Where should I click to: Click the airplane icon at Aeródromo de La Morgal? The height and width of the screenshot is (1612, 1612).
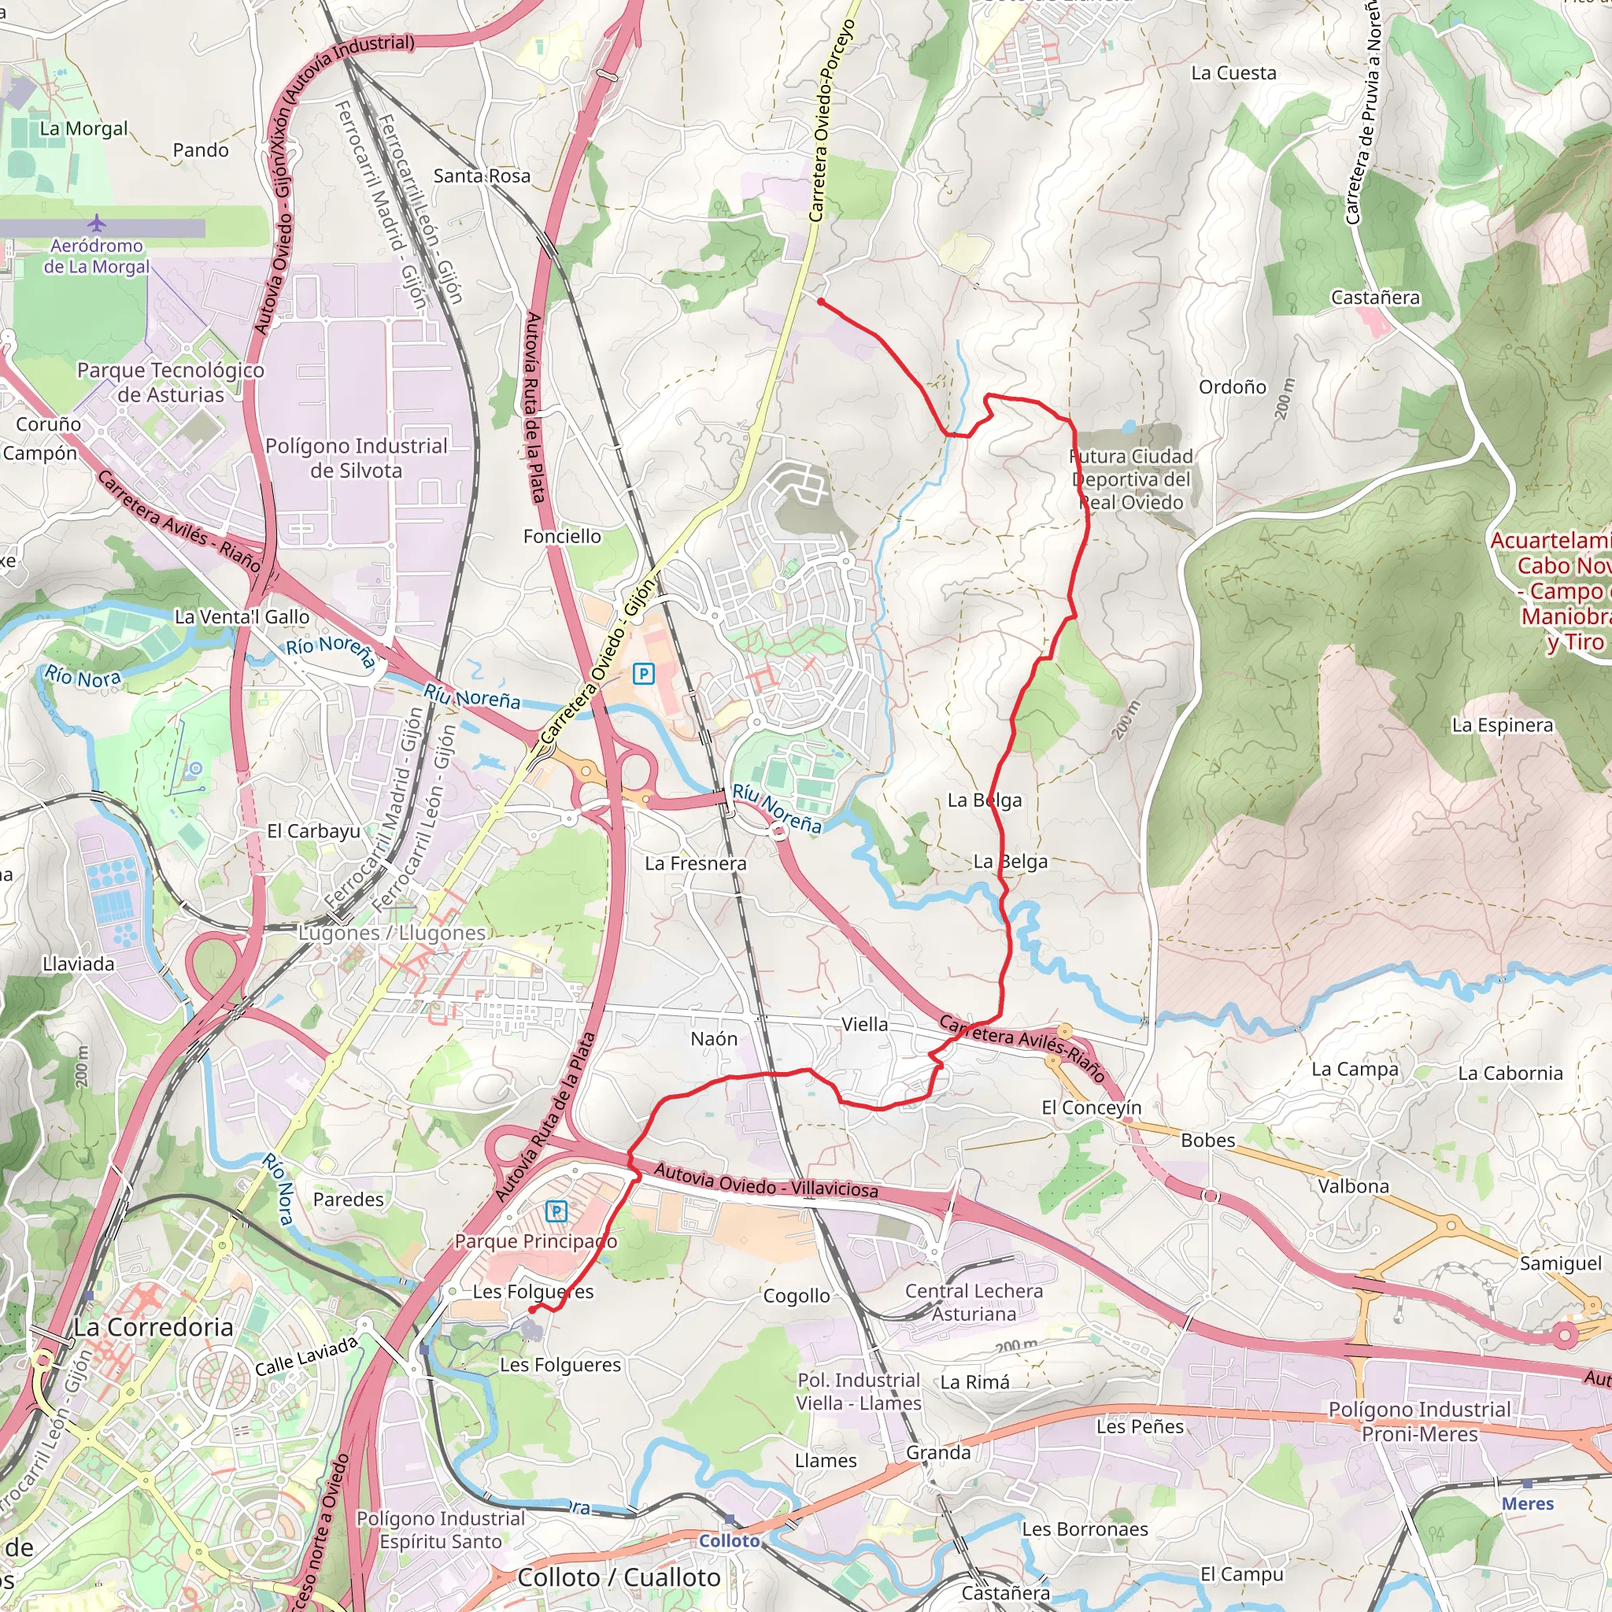coord(97,223)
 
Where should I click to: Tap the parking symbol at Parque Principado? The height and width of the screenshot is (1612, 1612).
coord(556,1211)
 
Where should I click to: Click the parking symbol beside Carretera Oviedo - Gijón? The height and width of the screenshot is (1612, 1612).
coord(643,673)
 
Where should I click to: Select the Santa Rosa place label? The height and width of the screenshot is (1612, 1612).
coord(482,176)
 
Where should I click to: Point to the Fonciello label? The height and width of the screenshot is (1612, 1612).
coord(561,537)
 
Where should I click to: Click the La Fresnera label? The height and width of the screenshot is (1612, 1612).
coord(695,863)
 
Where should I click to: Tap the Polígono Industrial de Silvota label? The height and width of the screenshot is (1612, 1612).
coord(357,458)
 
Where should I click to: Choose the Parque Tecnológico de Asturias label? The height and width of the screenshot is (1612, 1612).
coord(170,382)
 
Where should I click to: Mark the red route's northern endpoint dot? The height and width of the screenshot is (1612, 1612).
coord(821,302)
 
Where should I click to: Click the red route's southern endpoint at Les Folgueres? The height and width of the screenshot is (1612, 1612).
coord(531,1311)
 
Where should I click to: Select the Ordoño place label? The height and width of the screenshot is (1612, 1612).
coord(1233,387)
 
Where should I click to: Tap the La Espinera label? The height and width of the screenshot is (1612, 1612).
coord(1503,725)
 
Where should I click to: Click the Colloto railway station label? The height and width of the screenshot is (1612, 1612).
coord(729,1541)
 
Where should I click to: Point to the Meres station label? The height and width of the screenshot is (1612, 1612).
coord(1528,1503)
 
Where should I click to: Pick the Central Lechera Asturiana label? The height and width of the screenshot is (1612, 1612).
coord(974,1303)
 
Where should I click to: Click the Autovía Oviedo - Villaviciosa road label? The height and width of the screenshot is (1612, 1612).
coord(766,1181)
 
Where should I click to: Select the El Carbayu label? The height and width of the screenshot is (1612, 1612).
coord(314,831)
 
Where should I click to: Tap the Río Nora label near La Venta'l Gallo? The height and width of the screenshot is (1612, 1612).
coord(83,677)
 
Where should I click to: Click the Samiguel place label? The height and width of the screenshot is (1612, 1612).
coord(1560,1264)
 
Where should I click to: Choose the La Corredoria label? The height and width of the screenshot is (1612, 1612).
coord(153,1328)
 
